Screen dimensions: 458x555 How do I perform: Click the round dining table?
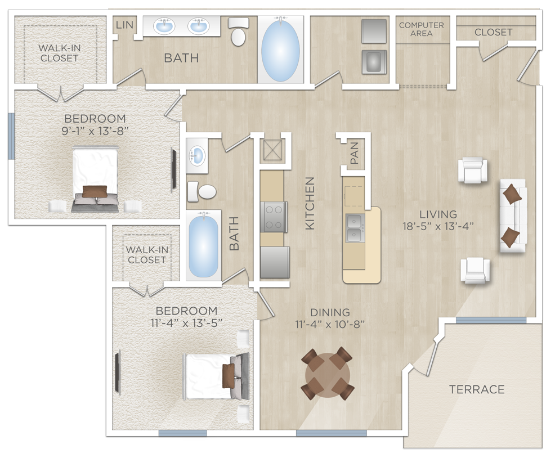click(327, 373)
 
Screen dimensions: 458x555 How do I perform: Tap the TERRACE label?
click(477, 389)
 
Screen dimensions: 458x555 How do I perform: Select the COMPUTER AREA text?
click(421, 29)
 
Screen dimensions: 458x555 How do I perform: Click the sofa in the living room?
click(512, 216)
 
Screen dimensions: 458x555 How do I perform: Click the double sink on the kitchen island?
click(355, 228)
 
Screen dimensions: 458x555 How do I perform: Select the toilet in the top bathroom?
click(239, 33)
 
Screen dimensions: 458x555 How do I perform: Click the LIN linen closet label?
click(124, 25)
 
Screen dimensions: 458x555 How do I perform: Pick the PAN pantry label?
click(354, 153)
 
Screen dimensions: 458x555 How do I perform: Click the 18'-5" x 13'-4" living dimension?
click(438, 226)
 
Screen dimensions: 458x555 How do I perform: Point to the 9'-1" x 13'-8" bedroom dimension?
click(95, 131)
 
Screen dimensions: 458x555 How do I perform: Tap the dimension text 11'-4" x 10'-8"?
click(330, 324)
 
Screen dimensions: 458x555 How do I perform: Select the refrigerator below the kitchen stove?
click(275, 262)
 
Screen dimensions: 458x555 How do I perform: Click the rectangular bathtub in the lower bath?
click(203, 246)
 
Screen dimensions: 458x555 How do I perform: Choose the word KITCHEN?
click(310, 203)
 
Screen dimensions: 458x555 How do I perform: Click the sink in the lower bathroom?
click(196, 154)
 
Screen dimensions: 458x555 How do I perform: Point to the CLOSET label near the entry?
click(493, 32)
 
